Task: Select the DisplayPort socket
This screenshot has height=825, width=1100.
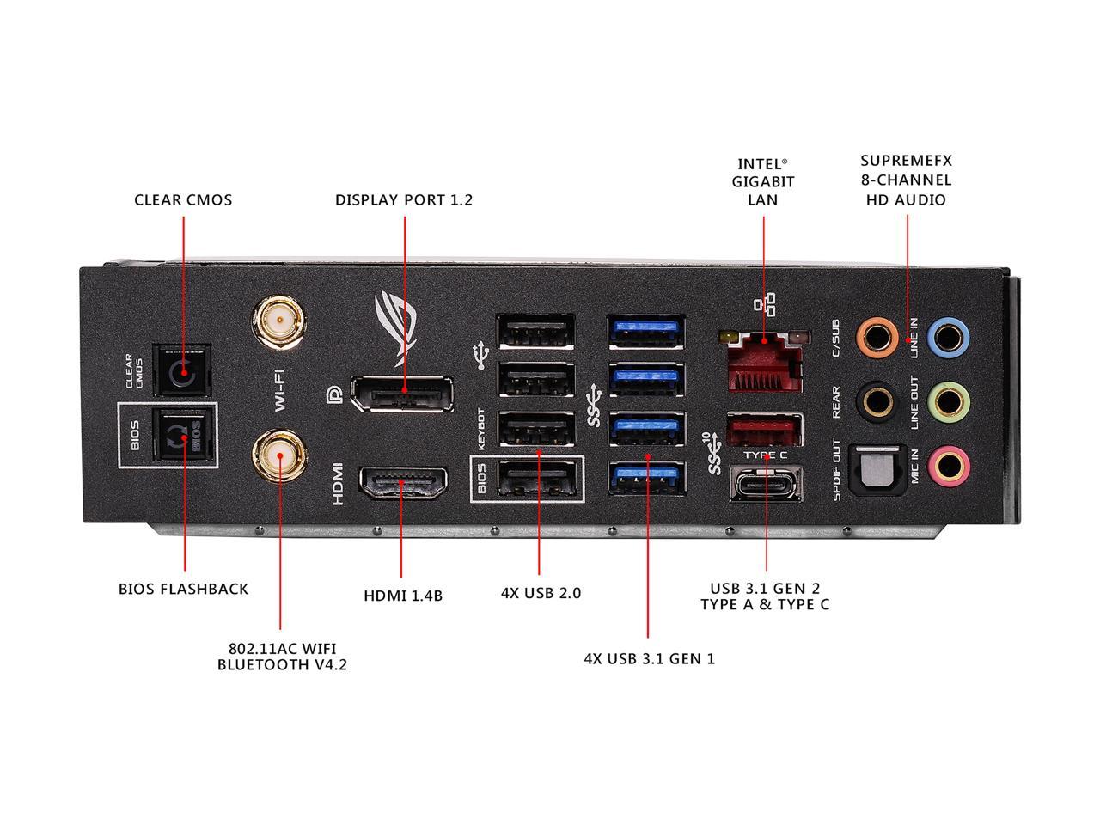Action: [x=401, y=393]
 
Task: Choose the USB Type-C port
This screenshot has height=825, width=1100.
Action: [x=767, y=484]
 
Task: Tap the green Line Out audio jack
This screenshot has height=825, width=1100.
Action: [x=949, y=400]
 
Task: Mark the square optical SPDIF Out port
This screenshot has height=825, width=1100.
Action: [x=876, y=470]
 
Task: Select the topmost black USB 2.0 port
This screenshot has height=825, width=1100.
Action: [x=536, y=333]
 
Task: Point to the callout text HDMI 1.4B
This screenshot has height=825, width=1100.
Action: [x=403, y=595]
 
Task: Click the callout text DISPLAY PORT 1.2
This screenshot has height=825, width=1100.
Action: [x=404, y=200]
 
